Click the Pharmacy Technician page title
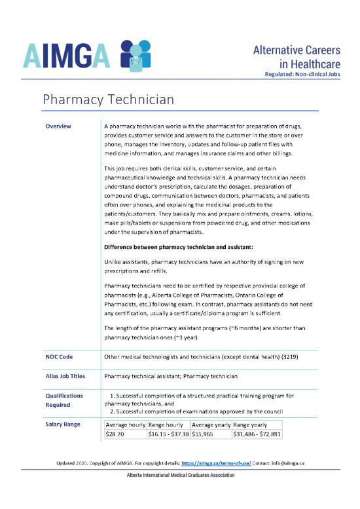tap(108, 100)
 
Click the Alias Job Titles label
tap(69, 377)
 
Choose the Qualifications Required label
tap(64, 401)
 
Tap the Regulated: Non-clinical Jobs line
tap(301, 74)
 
